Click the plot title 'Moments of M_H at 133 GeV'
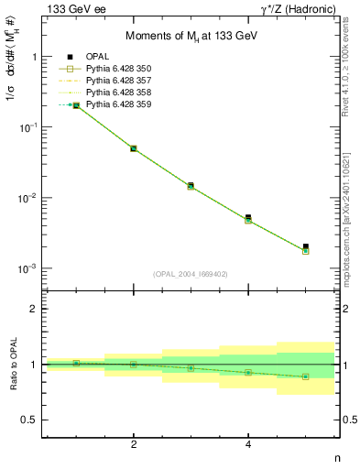coord(191,34)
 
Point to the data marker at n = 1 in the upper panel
coord(76,105)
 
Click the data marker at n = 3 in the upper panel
coord(191,185)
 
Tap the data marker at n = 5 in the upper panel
coord(306,247)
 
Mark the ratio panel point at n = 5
coord(306,376)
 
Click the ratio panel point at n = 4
coord(248,372)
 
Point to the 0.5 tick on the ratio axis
coord(33,420)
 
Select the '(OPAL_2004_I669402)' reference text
coord(191,273)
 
